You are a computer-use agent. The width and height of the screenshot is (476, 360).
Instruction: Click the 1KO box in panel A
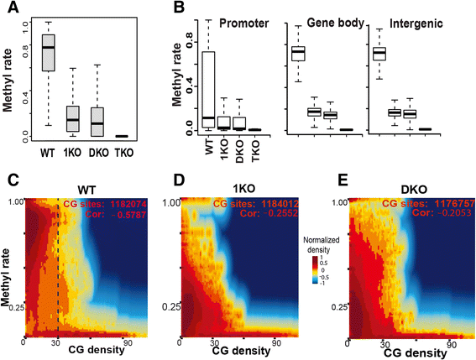click(x=73, y=117)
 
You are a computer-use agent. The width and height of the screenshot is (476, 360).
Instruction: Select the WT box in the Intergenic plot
click(x=379, y=53)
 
